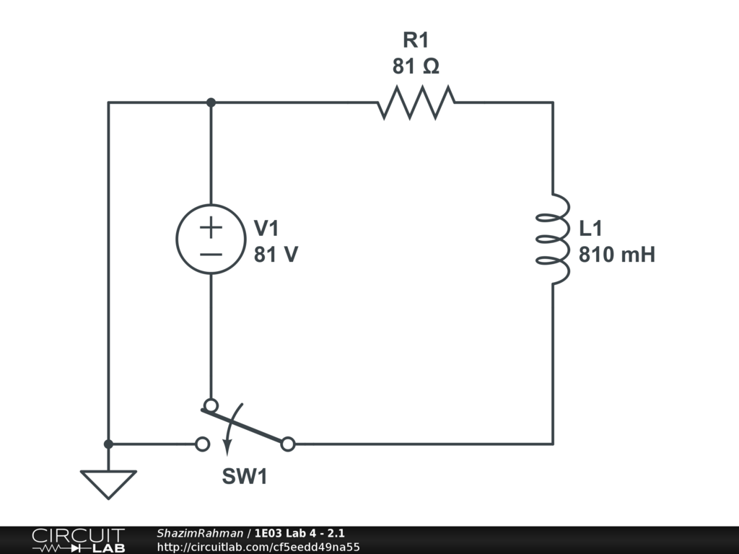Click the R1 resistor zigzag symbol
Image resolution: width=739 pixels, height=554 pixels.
click(x=416, y=102)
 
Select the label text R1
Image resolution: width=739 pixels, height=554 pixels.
click(x=416, y=40)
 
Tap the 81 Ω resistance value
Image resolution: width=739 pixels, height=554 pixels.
click(x=416, y=67)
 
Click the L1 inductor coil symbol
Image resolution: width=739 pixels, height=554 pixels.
click(x=554, y=239)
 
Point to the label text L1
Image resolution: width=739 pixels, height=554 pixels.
click(x=590, y=229)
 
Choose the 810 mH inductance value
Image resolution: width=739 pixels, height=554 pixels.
click(x=616, y=255)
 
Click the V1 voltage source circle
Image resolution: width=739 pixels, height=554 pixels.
click(x=210, y=239)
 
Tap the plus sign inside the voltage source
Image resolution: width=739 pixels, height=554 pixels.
click(x=211, y=228)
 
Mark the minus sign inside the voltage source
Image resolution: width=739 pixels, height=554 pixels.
click(x=211, y=254)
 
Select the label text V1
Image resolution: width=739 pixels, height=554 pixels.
click(x=266, y=229)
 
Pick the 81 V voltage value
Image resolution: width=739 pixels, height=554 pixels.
click(x=275, y=255)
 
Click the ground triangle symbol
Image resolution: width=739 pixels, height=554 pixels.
click(x=108, y=483)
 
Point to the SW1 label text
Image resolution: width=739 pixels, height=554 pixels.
click(x=244, y=477)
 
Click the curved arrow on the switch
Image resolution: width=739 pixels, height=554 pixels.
click(x=227, y=437)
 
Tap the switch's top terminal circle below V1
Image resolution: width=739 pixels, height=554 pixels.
click(x=211, y=405)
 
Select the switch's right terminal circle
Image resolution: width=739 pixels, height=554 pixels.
click(x=288, y=444)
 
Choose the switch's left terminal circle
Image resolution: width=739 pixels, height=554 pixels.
click(x=203, y=444)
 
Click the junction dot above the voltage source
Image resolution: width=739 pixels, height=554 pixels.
click(x=211, y=102)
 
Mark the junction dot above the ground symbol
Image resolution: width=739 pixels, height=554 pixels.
click(x=108, y=444)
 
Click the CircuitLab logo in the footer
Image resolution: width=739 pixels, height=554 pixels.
click(x=78, y=540)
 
